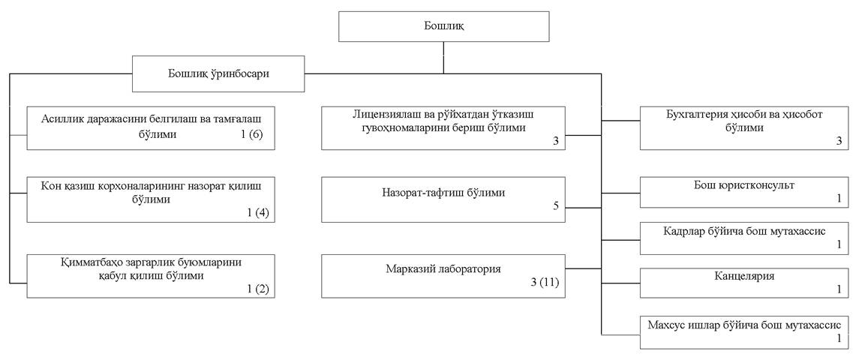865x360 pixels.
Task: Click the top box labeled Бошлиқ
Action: coord(443,27)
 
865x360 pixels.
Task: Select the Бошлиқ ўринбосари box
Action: coord(218,73)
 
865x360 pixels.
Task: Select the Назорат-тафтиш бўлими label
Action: coord(442,193)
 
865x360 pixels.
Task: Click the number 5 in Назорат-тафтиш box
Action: coord(556,205)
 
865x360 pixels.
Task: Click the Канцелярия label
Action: coord(743,276)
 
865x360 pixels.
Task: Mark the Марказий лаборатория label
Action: coord(442,268)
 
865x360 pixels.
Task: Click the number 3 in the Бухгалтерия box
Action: coord(839,139)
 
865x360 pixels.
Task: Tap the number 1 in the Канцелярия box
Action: coord(839,289)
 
